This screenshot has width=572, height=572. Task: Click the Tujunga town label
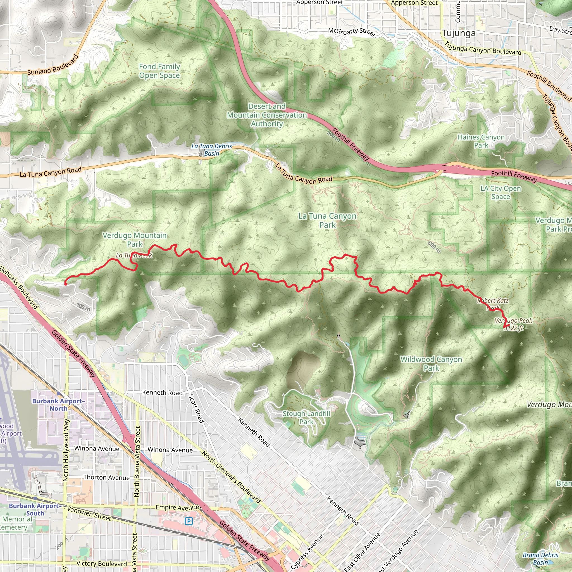(459, 33)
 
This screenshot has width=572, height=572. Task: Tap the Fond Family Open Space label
(159, 71)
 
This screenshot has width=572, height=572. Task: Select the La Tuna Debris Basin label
(211, 150)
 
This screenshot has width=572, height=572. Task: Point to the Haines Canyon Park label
(481, 141)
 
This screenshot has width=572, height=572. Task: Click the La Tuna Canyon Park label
(327, 220)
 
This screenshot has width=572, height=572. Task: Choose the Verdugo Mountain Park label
(135, 240)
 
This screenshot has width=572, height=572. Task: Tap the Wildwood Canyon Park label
(431, 364)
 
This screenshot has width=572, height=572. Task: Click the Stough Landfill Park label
(306, 418)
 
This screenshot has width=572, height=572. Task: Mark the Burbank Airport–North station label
(58, 405)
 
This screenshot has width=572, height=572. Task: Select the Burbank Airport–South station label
(35, 509)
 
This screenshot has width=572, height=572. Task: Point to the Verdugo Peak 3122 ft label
(514, 324)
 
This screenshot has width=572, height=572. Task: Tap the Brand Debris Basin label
(540, 559)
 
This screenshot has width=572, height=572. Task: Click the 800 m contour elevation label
(434, 247)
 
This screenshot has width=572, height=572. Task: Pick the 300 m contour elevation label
(83, 307)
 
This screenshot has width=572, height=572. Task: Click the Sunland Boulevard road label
(53, 65)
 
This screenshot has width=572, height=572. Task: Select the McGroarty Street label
(352, 32)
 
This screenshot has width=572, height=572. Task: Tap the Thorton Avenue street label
(106, 478)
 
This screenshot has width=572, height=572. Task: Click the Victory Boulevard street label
(102, 563)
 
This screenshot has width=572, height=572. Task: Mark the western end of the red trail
(65, 284)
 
